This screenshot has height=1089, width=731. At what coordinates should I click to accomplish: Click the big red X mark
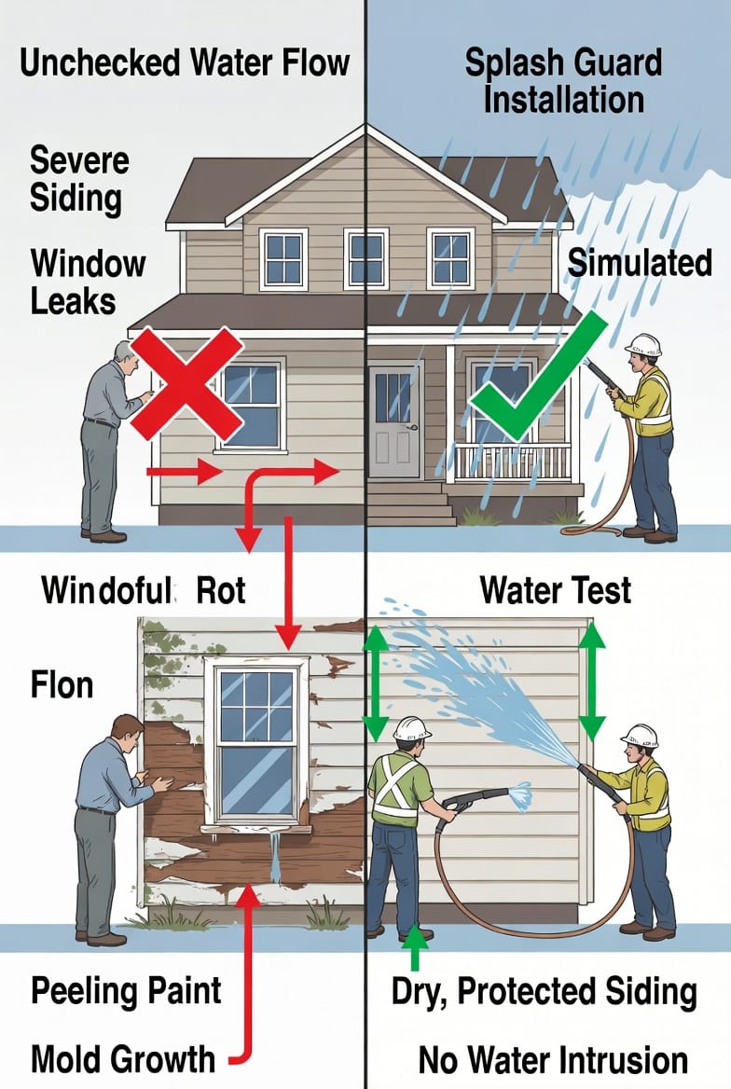pyautogui.click(x=186, y=383)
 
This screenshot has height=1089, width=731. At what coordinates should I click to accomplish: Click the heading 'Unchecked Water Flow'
pyautogui.click(x=184, y=62)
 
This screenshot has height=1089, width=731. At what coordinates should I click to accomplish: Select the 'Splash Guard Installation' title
pyautogui.click(x=563, y=80)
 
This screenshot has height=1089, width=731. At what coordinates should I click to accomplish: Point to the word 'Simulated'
pyautogui.click(x=640, y=263)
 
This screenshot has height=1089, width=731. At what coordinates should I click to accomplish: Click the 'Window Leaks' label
pyautogui.click(x=88, y=282)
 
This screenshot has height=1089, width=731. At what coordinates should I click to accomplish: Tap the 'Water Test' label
pyautogui.click(x=555, y=590)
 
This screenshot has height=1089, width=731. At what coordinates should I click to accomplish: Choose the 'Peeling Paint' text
pyautogui.click(x=126, y=990)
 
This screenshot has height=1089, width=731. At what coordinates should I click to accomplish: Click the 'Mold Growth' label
pyautogui.click(x=123, y=1059)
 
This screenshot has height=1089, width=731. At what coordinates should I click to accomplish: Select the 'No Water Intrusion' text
pyautogui.click(x=553, y=1060)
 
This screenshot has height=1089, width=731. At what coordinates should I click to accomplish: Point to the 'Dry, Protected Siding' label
pyautogui.click(x=545, y=992)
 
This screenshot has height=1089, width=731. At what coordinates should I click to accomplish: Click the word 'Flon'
pyautogui.click(x=62, y=684)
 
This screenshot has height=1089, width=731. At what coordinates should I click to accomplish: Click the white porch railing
pyautogui.click(x=513, y=462)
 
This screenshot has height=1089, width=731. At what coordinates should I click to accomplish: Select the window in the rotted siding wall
pyautogui.click(x=257, y=743)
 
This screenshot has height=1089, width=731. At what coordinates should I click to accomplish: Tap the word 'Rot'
pyautogui.click(x=221, y=590)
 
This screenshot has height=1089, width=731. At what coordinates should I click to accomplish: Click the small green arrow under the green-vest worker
pyautogui.click(x=415, y=946)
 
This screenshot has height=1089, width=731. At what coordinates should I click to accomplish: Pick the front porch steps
pyautogui.click(x=410, y=503)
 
